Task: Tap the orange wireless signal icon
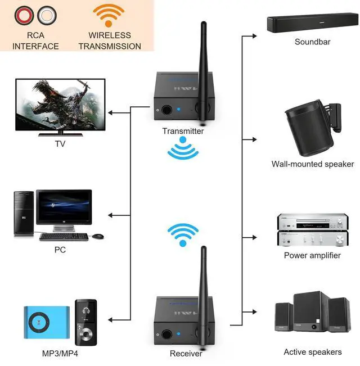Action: [x=109, y=15]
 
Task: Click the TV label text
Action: [x=60, y=143]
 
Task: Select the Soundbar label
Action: [x=312, y=42]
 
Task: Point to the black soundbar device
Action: [x=312, y=24]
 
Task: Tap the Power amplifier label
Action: [x=312, y=255]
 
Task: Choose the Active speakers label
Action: [x=312, y=352]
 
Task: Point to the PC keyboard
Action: [x=64, y=236]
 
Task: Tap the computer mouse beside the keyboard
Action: [x=98, y=236]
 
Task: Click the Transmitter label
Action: [x=183, y=131]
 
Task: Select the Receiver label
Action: [x=186, y=354]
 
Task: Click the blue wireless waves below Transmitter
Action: [x=183, y=151]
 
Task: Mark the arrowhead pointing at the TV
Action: [x=111, y=113]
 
